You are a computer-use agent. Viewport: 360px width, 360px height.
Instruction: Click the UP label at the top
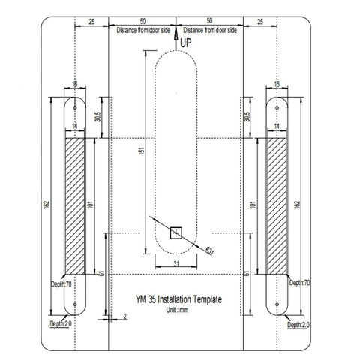187,44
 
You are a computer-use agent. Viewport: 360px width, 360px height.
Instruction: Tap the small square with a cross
176,232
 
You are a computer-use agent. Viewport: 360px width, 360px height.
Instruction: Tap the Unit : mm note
178,309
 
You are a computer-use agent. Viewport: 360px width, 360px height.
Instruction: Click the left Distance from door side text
142,29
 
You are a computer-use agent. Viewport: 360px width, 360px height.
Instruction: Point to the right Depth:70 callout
298,283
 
